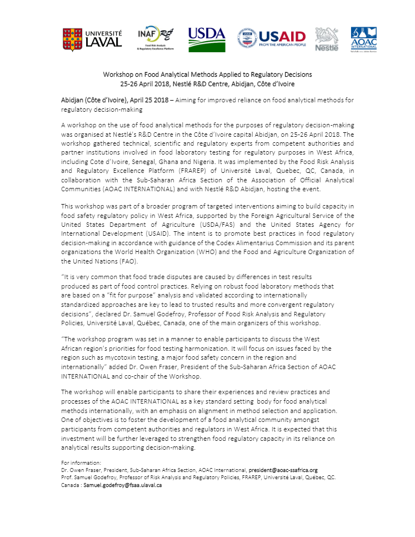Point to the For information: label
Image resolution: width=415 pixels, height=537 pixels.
click(81, 463)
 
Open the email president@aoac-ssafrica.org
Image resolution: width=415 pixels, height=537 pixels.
click(283, 470)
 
